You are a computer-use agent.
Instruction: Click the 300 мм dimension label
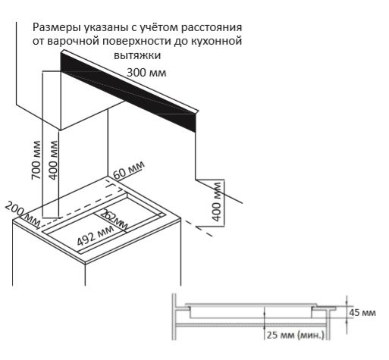click(146, 73)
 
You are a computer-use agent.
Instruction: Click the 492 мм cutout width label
click(96, 237)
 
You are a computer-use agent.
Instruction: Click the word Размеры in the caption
click(56, 27)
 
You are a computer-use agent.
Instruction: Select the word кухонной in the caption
click(218, 42)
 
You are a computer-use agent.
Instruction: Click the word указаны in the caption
click(108, 27)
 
